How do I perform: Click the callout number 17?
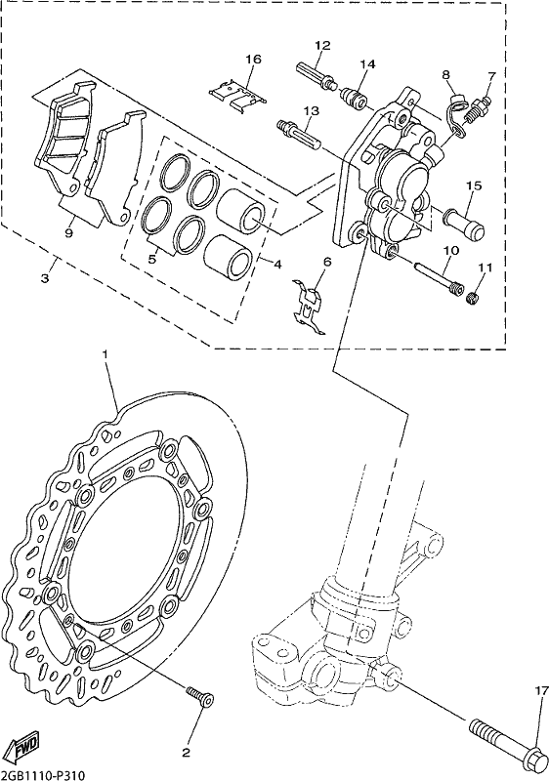(x=541, y=691)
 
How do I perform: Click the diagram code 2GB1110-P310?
(x=40, y=775)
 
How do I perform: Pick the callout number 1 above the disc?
(x=106, y=354)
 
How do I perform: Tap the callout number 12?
(x=322, y=45)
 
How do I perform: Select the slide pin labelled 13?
(x=298, y=134)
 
